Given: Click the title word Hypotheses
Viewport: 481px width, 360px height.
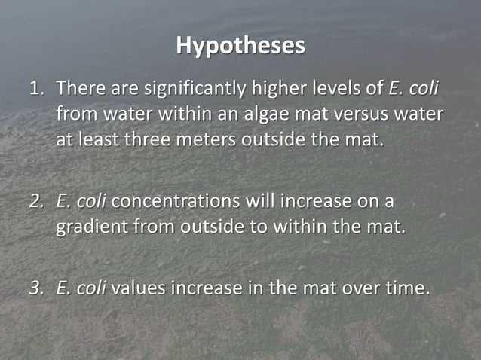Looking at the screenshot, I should click(x=240, y=46).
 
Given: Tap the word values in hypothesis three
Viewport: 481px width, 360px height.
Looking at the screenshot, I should click(x=139, y=288).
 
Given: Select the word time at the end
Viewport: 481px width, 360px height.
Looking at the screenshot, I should click(x=406, y=288).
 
